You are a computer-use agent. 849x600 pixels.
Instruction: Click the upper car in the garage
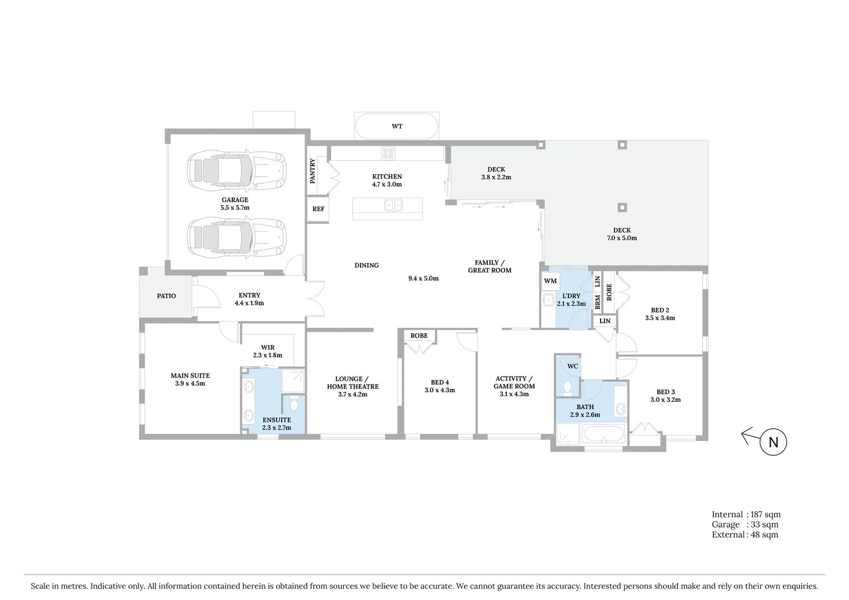237,169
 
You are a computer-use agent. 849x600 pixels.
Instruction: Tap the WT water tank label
397,127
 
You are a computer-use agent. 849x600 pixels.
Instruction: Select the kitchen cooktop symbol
388,153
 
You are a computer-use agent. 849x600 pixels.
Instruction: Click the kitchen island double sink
394,206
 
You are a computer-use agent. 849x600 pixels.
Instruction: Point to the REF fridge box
318,209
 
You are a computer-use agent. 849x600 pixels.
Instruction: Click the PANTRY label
312,171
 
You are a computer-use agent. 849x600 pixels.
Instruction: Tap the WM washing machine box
550,281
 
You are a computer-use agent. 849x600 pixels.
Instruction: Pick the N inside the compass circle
773,442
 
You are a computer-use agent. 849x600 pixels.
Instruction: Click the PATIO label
166,296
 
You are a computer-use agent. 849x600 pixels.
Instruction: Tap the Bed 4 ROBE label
419,336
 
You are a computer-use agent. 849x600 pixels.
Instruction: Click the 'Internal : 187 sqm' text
746,514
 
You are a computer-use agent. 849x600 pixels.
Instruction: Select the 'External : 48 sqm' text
745,534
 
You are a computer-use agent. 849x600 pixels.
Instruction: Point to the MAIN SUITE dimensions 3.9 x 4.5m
190,384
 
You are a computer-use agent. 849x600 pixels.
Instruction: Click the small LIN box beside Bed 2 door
605,321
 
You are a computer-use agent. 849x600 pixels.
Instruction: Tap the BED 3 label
665,392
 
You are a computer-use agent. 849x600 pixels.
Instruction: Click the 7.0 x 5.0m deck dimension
622,238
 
